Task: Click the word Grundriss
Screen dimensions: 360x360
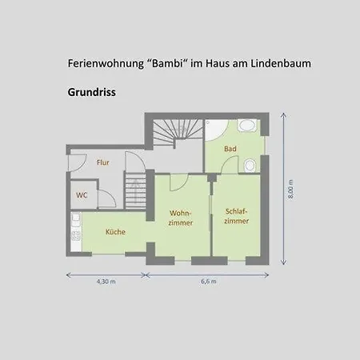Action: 91,92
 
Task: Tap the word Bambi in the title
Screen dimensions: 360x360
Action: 168,63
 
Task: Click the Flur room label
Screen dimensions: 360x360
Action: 103,162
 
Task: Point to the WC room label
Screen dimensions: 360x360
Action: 82,195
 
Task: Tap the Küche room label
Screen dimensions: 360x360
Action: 115,232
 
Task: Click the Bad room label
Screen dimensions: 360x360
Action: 230,149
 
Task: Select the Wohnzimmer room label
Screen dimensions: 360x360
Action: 181,218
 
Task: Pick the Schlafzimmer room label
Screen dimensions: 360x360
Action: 237,216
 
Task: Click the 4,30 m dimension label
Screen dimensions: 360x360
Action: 106,282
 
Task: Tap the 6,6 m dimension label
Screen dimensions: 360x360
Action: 209,282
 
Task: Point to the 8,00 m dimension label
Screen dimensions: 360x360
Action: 290,189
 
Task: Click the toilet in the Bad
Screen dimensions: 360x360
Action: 250,166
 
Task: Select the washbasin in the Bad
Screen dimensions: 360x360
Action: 247,126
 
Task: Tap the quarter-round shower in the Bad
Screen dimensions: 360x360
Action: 215,130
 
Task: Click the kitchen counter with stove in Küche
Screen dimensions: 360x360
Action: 76,231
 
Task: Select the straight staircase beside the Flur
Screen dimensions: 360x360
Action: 135,190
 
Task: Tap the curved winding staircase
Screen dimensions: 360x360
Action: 178,130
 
